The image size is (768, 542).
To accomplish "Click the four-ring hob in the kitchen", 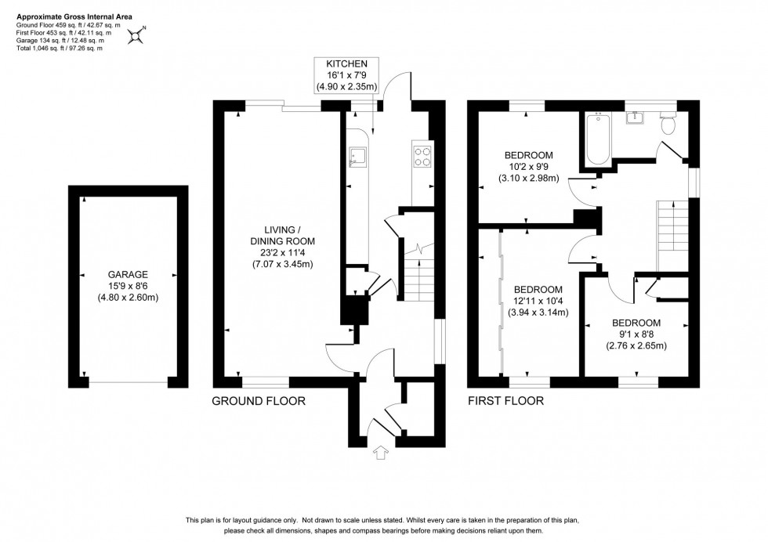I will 422,157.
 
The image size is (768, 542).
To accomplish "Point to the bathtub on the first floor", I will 597,139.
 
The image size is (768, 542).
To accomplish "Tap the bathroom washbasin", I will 636,118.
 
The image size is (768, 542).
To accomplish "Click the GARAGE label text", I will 129,275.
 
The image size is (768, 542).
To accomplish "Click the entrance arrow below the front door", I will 382,453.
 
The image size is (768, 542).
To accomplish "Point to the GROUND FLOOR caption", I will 258,401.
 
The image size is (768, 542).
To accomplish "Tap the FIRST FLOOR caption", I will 505,401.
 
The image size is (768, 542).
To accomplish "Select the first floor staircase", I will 671,234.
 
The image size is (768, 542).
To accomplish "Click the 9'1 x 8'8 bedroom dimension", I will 636,334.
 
